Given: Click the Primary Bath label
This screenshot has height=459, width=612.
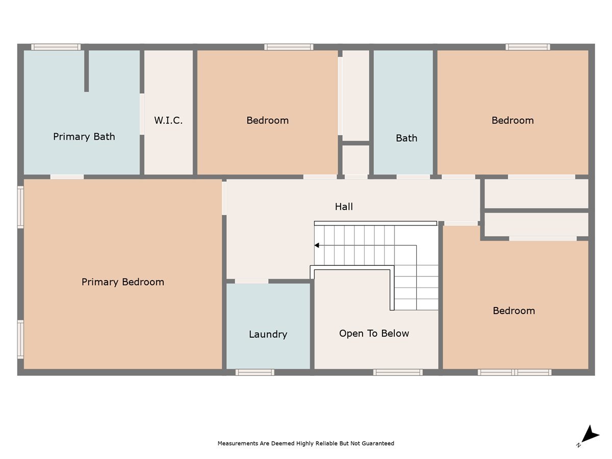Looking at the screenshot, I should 84,137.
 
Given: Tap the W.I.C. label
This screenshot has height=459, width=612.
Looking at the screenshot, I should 168,121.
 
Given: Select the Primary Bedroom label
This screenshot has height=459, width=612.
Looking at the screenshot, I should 123,282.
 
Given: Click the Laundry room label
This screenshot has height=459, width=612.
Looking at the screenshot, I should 268,335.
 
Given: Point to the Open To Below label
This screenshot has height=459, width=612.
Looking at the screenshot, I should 374,334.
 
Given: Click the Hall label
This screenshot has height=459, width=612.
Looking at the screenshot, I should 344,207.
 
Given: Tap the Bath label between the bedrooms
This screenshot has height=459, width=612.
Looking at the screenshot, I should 406,138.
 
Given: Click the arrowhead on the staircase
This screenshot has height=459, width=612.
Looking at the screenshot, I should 317,245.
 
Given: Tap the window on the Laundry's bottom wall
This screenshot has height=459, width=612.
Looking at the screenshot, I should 254,372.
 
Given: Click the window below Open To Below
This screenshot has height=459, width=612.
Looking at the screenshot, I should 398,372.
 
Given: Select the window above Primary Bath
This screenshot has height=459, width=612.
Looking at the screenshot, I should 56,47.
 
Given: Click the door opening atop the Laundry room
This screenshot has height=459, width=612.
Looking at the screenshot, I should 251,281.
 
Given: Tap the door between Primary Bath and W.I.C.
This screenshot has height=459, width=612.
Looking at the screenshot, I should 142,114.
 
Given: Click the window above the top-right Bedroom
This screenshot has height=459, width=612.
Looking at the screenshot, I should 528,47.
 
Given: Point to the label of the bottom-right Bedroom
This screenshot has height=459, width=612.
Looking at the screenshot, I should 514,311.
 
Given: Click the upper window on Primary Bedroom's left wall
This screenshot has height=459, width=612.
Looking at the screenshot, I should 20,207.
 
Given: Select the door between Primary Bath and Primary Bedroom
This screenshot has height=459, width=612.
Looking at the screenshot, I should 67,177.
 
